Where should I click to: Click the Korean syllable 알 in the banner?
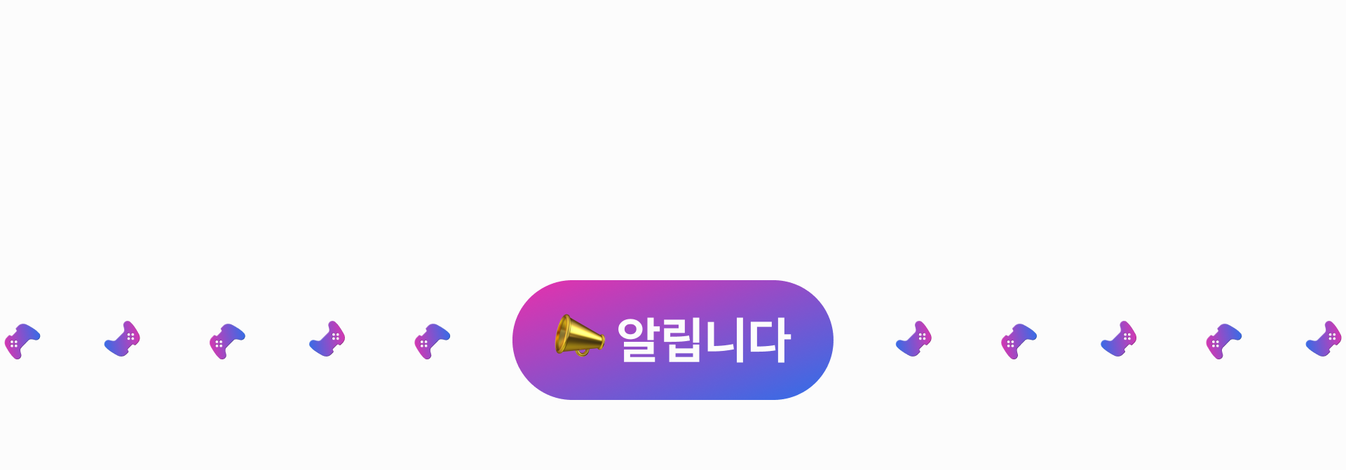[x=639, y=340]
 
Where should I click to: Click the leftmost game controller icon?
[x=22, y=341]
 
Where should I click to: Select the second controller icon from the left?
[x=122, y=339]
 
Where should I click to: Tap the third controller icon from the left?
[x=226, y=341]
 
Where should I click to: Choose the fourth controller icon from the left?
[x=327, y=339]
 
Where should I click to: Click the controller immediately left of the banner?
[x=431, y=341]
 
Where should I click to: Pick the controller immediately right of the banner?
[x=913, y=339]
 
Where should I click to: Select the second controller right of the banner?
[x=1018, y=341]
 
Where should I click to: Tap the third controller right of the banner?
[x=1118, y=339]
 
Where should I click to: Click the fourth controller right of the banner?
[x=1223, y=341]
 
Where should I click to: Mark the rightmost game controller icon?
[x=1323, y=339]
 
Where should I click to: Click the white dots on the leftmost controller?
[x=13, y=344]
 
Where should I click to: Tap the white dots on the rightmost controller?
[x=1331, y=337]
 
